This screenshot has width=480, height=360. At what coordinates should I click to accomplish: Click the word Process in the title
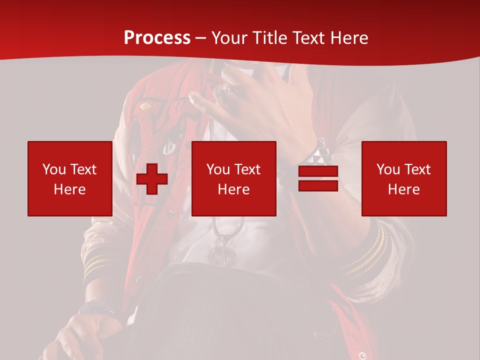[157, 37]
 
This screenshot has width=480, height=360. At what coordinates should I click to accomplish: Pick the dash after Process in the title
[201, 38]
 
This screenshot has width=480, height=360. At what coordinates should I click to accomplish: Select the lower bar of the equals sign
[318, 186]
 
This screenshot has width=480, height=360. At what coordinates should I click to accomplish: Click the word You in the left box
[54, 169]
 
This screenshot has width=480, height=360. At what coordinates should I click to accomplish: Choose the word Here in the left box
[69, 189]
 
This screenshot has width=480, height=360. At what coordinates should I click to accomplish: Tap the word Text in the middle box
[248, 169]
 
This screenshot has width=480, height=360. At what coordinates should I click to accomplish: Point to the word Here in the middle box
[233, 189]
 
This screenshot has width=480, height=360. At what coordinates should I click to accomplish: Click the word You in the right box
[388, 169]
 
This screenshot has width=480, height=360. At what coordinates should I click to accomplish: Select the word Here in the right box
[403, 189]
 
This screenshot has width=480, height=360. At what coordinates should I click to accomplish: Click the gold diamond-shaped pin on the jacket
[145, 106]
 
